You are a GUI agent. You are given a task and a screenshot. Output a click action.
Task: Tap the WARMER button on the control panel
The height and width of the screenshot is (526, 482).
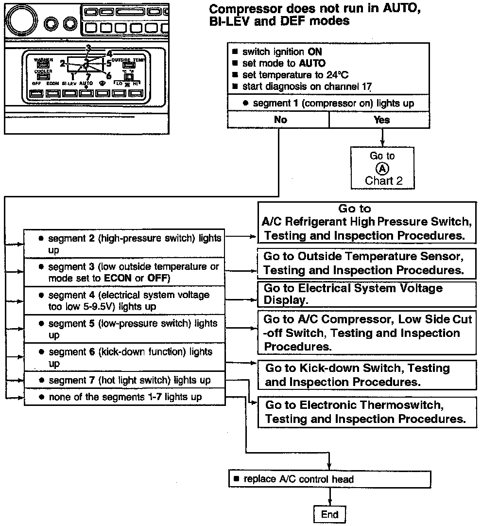43,65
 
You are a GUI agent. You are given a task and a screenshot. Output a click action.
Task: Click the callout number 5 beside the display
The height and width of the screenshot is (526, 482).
108,63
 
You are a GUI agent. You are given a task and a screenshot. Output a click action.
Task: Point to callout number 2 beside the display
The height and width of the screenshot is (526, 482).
63,63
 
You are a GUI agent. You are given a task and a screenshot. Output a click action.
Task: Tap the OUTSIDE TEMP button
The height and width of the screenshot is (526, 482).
128,65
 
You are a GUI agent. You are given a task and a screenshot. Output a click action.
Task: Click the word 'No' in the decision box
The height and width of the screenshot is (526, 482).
280,120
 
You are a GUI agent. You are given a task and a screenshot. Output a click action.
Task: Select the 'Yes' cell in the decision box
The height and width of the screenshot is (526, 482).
381,120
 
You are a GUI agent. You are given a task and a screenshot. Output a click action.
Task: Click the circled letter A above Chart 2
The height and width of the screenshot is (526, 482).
383,168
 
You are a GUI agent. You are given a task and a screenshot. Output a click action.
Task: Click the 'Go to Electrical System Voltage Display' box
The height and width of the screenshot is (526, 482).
367,294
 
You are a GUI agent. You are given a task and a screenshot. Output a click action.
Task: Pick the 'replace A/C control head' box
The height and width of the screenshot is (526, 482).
329,479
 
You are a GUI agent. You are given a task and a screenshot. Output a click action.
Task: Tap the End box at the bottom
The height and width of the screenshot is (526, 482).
330,515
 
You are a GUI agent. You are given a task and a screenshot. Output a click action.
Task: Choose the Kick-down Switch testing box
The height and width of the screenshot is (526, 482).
367,375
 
